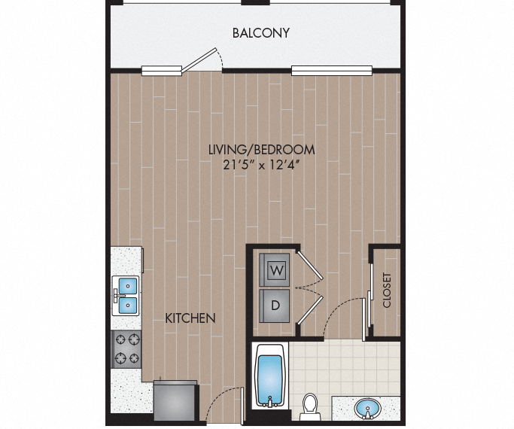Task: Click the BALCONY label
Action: [260, 33]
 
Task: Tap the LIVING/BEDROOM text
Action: [260, 149]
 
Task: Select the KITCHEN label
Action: [190, 318]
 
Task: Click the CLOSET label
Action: [388, 290]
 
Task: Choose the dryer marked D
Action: [275, 305]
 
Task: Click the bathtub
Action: [270, 376]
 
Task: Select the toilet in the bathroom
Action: [309, 406]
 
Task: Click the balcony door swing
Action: [205, 60]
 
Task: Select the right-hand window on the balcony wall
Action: [331, 71]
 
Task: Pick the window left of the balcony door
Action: [163, 71]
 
